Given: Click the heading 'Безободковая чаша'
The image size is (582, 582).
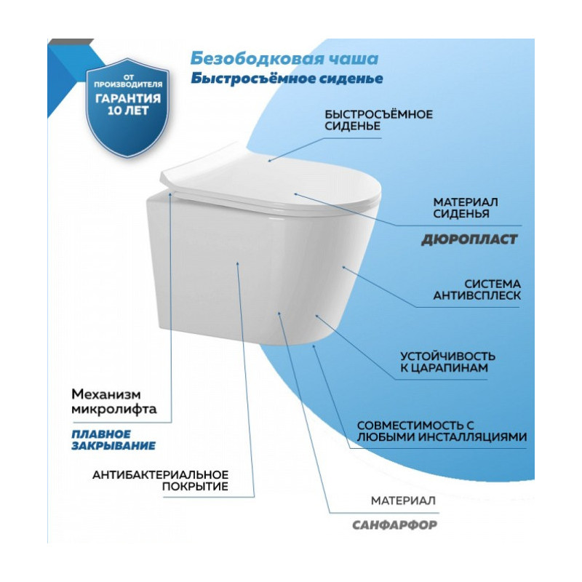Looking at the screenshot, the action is pos(284,59).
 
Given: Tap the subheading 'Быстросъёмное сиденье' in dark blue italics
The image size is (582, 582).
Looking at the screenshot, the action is pos(287,79).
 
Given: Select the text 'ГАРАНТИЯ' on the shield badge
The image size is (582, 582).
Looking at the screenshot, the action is pos(128,99).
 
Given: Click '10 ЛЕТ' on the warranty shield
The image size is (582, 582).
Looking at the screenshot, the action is pos(128,111).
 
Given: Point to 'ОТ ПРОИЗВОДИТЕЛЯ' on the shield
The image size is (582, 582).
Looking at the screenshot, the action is pos(128,81).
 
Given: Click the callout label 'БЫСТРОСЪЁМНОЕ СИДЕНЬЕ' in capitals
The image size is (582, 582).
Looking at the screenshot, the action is pos(378,120).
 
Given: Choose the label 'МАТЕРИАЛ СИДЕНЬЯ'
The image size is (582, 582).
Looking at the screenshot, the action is pos(466,208).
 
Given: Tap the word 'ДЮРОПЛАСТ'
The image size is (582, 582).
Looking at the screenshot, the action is pos(469,239).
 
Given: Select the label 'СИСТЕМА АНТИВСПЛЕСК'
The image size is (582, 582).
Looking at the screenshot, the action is pos(477,290).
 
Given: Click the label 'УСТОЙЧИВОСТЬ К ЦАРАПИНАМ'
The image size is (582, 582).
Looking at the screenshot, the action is pos(447,362).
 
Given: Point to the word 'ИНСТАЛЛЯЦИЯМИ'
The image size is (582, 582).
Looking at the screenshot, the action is pos(473,437).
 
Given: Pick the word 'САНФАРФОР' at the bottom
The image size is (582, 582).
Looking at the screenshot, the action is pos(394,525).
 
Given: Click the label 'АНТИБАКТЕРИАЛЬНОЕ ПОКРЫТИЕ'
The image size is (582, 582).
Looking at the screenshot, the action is pos(160,480).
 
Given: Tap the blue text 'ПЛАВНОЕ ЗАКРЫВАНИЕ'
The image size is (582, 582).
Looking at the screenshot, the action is pos(113,440).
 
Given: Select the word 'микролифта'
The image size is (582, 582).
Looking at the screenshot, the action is pos(114,410).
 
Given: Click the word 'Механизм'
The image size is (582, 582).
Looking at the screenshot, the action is pos(106,394).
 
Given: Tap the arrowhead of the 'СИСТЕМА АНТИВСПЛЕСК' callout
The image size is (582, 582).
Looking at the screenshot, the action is pos(343,267).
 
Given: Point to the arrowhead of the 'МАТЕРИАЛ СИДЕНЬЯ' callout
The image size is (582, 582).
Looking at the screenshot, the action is pos(295,194).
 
